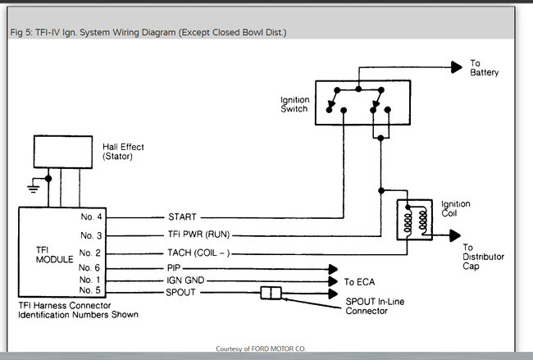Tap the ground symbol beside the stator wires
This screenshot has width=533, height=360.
[33, 189]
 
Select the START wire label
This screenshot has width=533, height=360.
[182, 216]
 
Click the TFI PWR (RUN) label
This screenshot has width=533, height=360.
[199, 235]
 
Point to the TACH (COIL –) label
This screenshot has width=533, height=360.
[199, 253]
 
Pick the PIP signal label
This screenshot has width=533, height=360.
[174, 268]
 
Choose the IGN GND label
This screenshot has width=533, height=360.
[185, 280]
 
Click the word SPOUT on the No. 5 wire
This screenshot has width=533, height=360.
[180, 293]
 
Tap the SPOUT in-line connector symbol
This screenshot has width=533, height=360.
[271, 293]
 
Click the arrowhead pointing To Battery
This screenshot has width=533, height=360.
[457, 67]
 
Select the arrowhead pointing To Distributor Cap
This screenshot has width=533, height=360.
[455, 235]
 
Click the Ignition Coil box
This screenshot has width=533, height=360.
[415, 220]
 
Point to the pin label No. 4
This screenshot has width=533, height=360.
[91, 216]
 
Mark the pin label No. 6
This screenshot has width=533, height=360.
[89, 268]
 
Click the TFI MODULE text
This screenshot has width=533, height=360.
[54, 255]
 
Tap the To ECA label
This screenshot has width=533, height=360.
[359, 282]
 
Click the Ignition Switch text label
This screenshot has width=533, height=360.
[294, 104]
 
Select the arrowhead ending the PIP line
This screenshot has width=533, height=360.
[333, 269]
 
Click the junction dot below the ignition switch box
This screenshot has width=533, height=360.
[380, 138]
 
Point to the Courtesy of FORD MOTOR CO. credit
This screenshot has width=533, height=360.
[261, 349]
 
